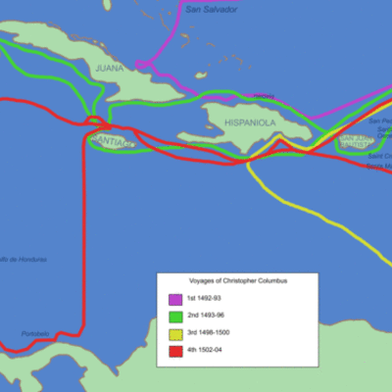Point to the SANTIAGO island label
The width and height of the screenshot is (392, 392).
(x=111, y=143)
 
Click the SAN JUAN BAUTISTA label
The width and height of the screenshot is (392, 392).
(x=353, y=143)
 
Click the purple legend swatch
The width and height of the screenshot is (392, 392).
(x=174, y=299)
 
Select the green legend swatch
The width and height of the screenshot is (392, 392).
(x=174, y=317)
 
